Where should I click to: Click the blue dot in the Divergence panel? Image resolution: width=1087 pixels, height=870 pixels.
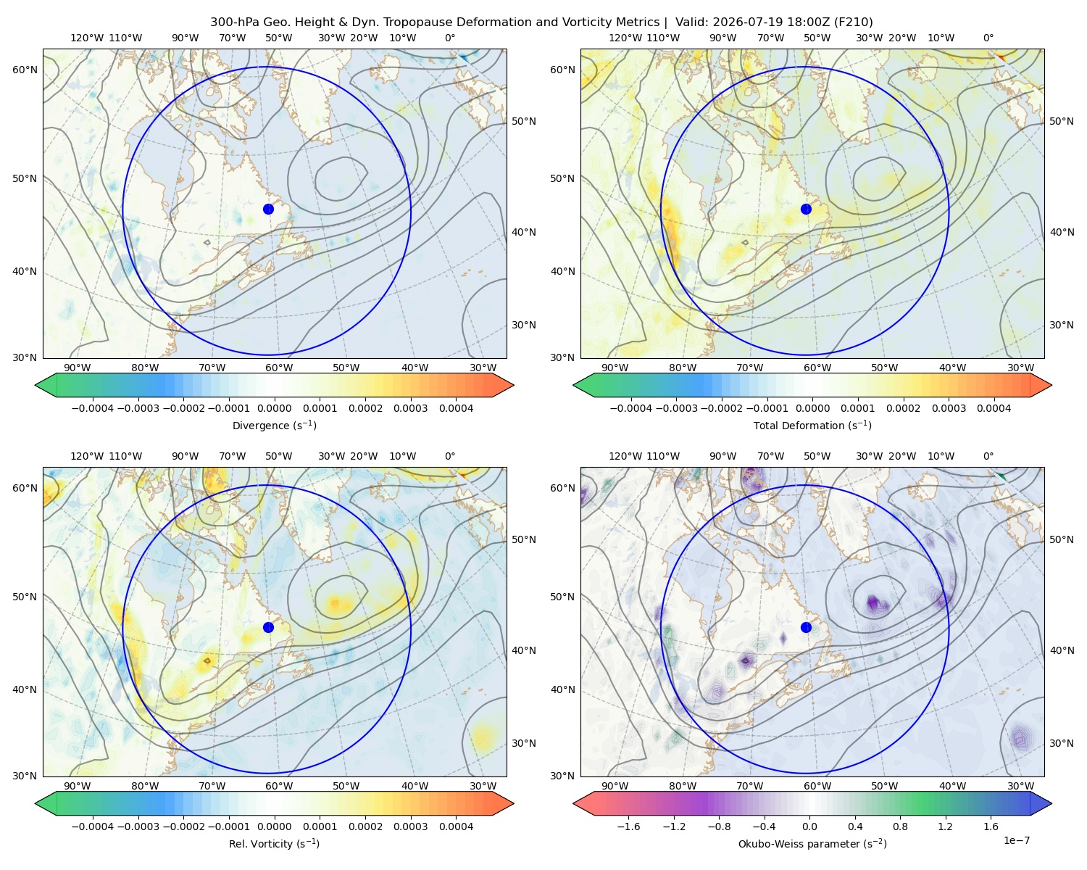[x=268, y=210]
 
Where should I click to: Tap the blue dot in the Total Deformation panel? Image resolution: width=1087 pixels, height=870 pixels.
[x=806, y=210]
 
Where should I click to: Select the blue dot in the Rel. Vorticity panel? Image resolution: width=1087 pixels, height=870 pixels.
[x=268, y=627]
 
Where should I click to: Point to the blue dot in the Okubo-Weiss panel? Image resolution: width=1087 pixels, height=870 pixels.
[x=806, y=627]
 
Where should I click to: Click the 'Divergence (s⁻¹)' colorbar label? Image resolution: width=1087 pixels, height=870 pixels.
[x=274, y=426]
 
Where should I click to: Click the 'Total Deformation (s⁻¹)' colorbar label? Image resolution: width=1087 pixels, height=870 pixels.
[x=812, y=426]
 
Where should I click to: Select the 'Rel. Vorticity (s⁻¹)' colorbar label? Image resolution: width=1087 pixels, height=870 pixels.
[x=274, y=844]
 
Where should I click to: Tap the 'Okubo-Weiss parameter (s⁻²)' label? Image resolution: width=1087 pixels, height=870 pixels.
[x=812, y=844]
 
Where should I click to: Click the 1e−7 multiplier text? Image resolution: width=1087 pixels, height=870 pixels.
[x=1016, y=841]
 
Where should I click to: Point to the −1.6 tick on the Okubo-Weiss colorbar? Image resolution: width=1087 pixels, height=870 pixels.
[x=628, y=826]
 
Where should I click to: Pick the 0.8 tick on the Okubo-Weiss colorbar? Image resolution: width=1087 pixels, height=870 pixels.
[x=900, y=826]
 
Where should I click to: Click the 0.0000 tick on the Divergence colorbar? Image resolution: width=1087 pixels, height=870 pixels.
[x=274, y=408]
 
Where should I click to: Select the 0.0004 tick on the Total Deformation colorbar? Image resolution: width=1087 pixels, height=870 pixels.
[x=994, y=408]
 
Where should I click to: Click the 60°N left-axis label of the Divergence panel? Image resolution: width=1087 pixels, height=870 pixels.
[x=25, y=70]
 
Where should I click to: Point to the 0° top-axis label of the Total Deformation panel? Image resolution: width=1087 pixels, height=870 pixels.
[x=988, y=38]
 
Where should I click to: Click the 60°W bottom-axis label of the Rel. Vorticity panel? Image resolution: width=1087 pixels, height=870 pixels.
[x=279, y=786]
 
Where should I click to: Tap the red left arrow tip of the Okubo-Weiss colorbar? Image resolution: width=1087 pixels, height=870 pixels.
[x=574, y=803]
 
